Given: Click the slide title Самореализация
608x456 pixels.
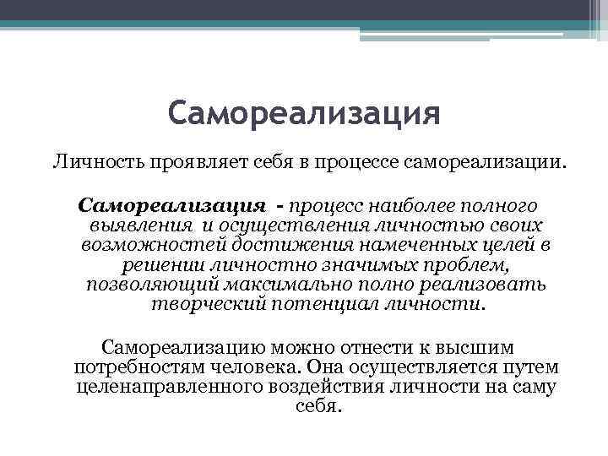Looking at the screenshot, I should pos(303,112).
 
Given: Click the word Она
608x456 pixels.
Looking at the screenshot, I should pos(327,367).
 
